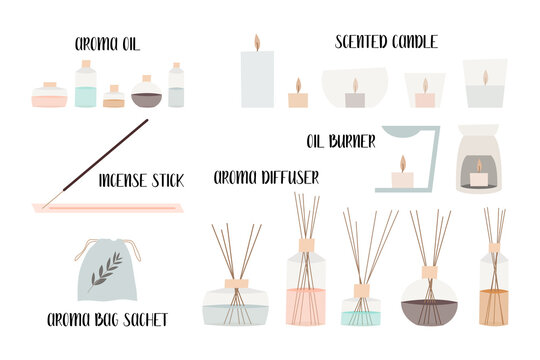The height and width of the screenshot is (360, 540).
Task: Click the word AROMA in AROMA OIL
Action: coord(92,44)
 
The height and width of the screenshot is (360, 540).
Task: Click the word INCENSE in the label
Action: coord(122,181)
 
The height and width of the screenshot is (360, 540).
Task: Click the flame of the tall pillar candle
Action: coord(257,42)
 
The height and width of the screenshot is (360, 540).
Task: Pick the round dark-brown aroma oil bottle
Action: coord(146,95)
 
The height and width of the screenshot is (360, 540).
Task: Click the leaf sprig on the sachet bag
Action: coord(106,270)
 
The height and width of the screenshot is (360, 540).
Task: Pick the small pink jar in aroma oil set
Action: coord(49,97)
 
